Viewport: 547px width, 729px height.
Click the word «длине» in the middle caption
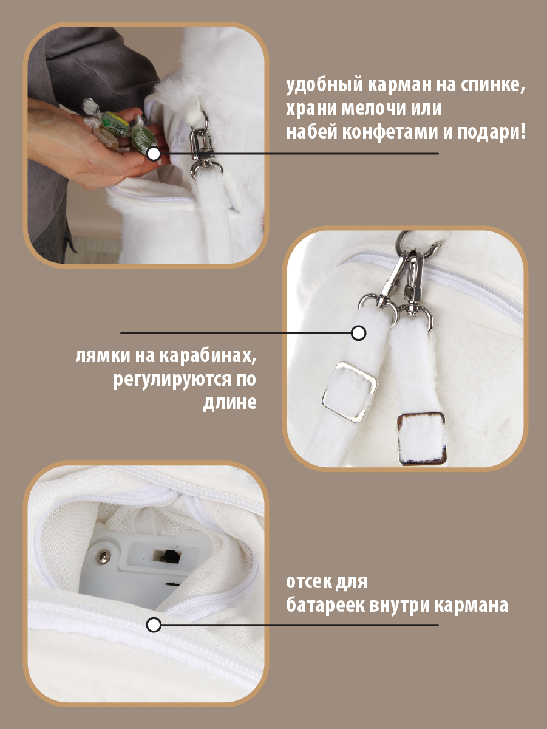click(229, 402)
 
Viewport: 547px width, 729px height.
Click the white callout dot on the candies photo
click(154, 154)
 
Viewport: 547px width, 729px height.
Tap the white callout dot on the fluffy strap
click(359, 333)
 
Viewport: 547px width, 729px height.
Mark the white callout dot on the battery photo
click(154, 625)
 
